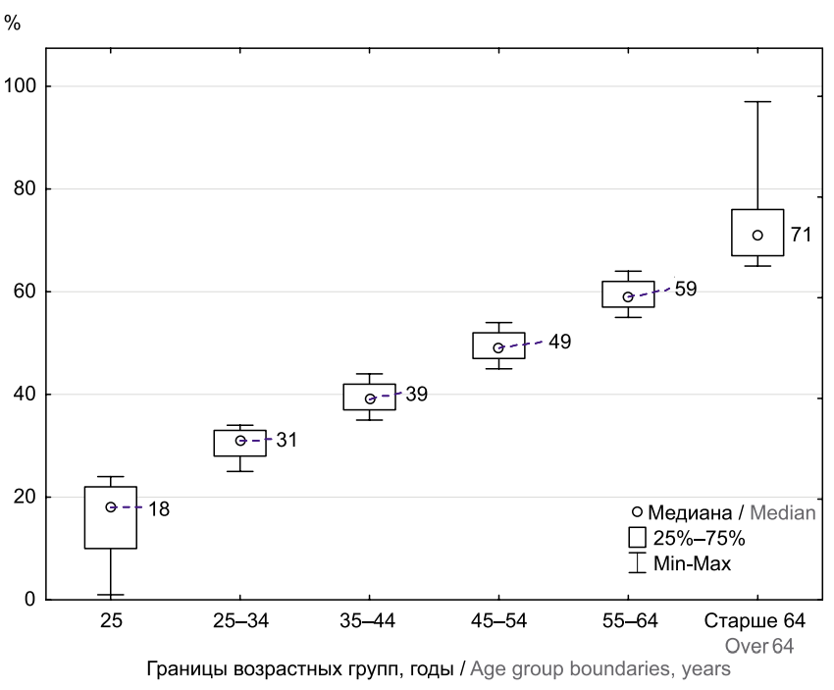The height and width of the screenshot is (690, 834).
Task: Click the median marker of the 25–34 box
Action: (240, 441)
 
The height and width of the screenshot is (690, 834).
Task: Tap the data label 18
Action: (159, 508)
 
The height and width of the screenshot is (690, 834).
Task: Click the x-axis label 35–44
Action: (369, 621)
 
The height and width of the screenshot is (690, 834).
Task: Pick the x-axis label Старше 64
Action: (756, 621)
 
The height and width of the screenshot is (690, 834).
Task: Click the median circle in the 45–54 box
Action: (498, 347)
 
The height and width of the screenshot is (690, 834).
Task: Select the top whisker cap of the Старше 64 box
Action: (757, 101)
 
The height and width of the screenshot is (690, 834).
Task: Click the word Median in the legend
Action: (784, 512)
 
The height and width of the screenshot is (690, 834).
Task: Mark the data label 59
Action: (686, 291)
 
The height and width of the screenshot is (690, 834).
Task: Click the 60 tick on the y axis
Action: (28, 292)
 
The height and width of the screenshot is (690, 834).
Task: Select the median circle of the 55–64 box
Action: (628, 296)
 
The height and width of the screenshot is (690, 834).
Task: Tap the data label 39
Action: (416, 394)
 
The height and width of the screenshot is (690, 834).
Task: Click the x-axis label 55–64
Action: (628, 621)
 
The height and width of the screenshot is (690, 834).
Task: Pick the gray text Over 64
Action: (759, 646)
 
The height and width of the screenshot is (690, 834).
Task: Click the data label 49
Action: (559, 343)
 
